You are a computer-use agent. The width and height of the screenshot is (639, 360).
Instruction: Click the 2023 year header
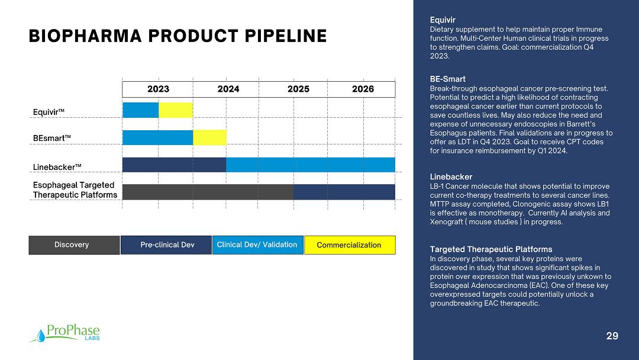click(158, 89)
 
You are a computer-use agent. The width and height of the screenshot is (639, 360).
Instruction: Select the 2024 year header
click(228, 89)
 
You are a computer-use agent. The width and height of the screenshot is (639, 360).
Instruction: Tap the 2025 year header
click(298, 89)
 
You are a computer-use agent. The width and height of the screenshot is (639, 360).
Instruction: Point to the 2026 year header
click(363, 89)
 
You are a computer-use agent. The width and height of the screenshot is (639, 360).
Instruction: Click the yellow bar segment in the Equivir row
click(176, 110)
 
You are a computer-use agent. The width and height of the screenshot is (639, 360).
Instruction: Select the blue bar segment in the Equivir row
click(141, 110)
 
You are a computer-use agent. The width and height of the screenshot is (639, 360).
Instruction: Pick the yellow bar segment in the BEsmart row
click(209, 137)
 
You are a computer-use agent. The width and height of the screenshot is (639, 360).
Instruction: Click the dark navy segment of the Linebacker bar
click(175, 165)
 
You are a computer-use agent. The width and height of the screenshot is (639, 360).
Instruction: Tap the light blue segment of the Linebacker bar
click(311, 165)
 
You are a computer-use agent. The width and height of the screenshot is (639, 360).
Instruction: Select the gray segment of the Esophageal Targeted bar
click(208, 192)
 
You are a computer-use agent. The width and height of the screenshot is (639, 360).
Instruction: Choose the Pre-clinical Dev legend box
click(166, 245)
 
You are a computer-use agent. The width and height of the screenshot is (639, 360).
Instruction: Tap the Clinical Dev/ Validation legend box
click(258, 245)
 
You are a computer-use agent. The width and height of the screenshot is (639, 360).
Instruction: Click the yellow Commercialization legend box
click(350, 245)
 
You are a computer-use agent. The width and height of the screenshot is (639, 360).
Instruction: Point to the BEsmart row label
click(51, 138)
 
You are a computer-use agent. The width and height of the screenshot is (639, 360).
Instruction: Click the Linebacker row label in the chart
click(57, 167)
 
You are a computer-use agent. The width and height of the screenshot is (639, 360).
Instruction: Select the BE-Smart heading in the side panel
click(447, 79)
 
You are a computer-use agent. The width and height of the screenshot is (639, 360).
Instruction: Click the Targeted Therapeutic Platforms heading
click(491, 249)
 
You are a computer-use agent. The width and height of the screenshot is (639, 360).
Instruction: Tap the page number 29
click(612, 336)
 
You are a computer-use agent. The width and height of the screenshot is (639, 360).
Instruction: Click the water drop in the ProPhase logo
click(41, 336)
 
